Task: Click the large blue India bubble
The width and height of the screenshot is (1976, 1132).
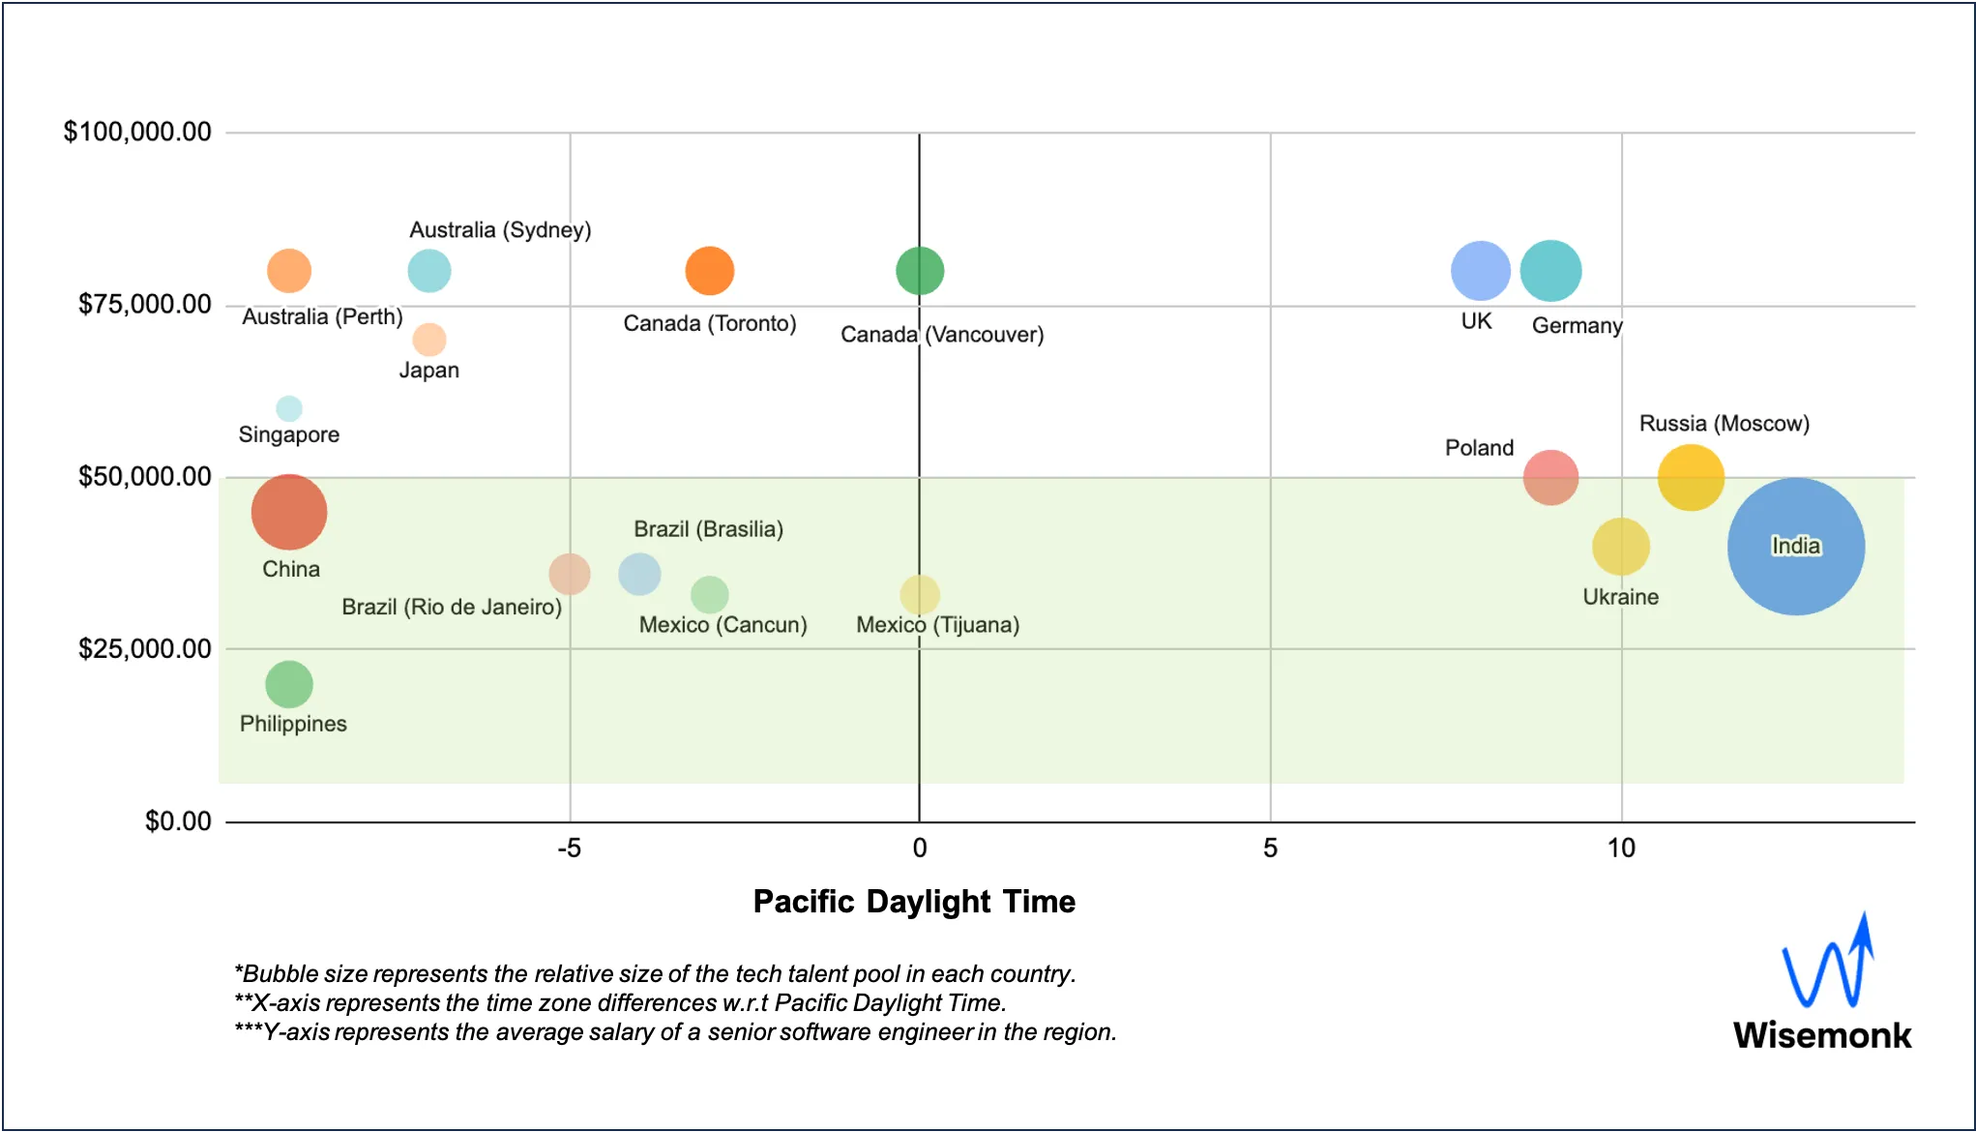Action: (x=1795, y=547)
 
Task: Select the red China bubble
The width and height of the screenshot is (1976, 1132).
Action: (x=289, y=512)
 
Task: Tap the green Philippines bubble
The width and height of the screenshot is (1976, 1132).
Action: (x=289, y=684)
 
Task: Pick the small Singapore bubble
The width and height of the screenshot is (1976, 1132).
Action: (x=289, y=408)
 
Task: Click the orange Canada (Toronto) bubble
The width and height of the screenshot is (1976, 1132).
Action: (x=710, y=271)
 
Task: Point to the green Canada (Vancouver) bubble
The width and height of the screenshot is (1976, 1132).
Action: (x=920, y=271)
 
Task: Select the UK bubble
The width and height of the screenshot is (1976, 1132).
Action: (x=1480, y=271)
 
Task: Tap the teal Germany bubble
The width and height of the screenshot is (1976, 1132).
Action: (x=1550, y=271)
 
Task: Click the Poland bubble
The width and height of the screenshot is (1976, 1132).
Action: (x=1550, y=477)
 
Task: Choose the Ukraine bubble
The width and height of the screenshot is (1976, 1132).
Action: (x=1620, y=547)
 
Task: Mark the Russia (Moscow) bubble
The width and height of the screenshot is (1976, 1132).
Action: (x=1691, y=477)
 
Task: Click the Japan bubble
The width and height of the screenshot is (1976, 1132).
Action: (x=429, y=340)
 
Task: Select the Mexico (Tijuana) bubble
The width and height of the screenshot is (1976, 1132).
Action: (x=920, y=594)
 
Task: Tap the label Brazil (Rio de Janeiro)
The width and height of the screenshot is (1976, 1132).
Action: (x=452, y=607)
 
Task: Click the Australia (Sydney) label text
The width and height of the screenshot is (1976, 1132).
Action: (x=500, y=230)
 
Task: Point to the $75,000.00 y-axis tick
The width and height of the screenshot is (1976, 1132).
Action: (x=145, y=305)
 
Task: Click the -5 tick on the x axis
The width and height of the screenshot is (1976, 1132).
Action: (x=569, y=849)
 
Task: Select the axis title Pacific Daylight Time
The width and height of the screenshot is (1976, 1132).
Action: (x=914, y=902)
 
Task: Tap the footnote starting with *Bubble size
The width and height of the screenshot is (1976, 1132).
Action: (x=655, y=973)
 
